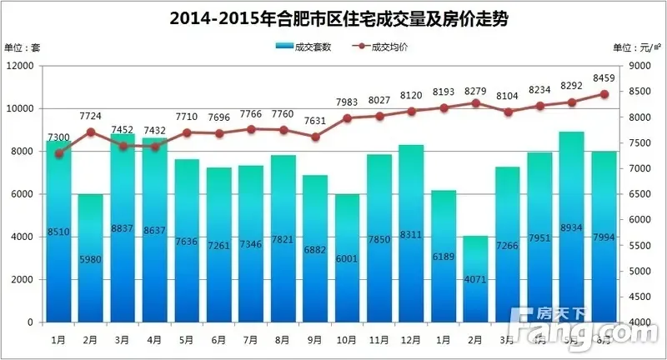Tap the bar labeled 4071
[x=476, y=279]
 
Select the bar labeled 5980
[x=91, y=258]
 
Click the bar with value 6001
[x=348, y=258]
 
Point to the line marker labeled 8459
[x=604, y=94]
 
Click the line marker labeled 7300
[x=58, y=153]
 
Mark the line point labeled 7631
[x=315, y=137]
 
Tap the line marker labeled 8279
[x=476, y=103]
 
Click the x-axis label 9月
[x=315, y=340]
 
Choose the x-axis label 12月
[x=412, y=340]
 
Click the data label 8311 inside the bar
[x=412, y=236]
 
